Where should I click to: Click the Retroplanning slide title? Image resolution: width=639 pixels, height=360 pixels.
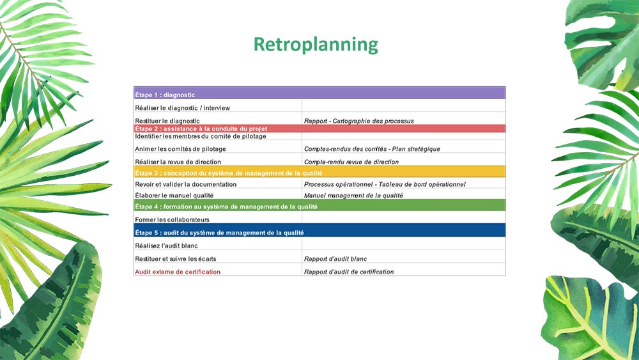pos(316,45)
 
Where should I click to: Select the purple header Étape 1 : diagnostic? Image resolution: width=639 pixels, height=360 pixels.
pos(165,95)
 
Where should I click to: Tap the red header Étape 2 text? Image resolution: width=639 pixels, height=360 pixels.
pos(201,129)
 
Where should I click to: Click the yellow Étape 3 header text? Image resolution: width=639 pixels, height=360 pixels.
pos(229,173)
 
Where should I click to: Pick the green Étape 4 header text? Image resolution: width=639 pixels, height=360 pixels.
pos(226,207)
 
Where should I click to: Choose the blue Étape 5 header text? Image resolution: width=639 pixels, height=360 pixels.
pos(219,233)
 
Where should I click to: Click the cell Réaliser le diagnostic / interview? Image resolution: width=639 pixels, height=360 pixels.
pos(183,108)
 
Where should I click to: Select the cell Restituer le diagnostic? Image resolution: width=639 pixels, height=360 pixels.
pos(167,121)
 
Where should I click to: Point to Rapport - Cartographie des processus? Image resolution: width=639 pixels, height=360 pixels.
pos(359,121)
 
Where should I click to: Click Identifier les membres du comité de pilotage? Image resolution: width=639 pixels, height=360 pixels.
pos(201,136)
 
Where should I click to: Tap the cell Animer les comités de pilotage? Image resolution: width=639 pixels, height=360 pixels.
pos(181,149)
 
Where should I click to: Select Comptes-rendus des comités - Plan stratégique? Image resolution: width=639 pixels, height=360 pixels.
pos(372,149)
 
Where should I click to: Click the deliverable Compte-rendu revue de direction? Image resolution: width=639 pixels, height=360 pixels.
pos(351,162)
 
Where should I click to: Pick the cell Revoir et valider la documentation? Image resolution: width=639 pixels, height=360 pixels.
pos(186,184)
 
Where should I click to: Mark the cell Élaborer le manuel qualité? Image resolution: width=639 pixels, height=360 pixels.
pos(174,196)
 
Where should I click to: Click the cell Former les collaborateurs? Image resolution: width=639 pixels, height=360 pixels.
pos(173,220)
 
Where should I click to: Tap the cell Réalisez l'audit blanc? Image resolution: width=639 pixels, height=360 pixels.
pos(166,246)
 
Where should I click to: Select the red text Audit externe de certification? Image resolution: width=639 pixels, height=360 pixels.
pos(178,272)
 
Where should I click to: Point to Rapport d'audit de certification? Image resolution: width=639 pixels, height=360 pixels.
pos(349,272)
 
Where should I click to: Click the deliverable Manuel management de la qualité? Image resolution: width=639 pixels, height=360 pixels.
pos(353,196)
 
